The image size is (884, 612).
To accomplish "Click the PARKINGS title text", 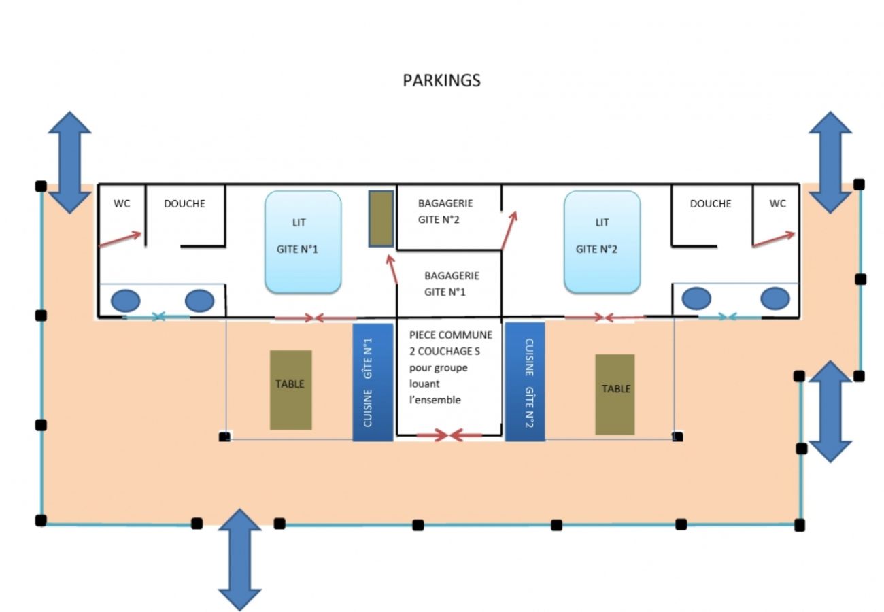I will pos(441,80).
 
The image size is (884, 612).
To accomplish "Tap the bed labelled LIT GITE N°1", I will pos(303,242).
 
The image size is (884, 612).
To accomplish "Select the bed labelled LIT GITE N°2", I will pos(602,242).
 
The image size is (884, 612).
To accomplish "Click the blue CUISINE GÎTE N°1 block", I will pos(373,382).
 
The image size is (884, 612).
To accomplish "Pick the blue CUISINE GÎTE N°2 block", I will pos(525,382).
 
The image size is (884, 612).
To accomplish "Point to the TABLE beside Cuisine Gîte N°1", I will pos(290,390).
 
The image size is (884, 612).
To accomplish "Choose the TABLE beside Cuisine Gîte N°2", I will pos(615,394).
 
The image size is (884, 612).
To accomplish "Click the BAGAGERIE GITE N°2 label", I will pos(445,211).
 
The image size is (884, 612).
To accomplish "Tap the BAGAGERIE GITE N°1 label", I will pos(452,284).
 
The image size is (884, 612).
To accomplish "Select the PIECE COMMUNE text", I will pos(451,335).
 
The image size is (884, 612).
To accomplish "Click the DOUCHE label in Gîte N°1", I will pos(184,203).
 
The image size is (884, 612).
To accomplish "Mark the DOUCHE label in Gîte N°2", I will pos(711,203).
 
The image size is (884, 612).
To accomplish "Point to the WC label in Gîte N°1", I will pos(122,203).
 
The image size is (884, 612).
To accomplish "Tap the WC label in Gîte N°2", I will pos(777,203).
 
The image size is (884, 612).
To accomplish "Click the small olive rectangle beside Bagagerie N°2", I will pos(381,218).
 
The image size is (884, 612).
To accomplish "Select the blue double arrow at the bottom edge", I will pos(239,559).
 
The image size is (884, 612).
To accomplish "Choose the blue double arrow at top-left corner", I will pos(69,162).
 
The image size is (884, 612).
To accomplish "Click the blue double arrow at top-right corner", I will pos(830,162).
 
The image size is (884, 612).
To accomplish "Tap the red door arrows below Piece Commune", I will pos(449,435).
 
